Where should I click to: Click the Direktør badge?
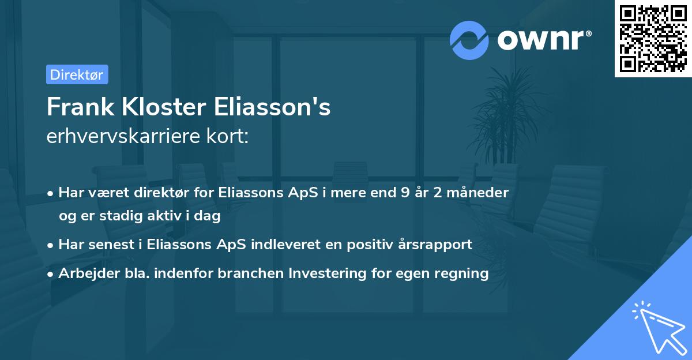point(77,74)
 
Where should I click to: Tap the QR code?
point(653,39)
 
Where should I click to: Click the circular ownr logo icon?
point(469,40)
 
